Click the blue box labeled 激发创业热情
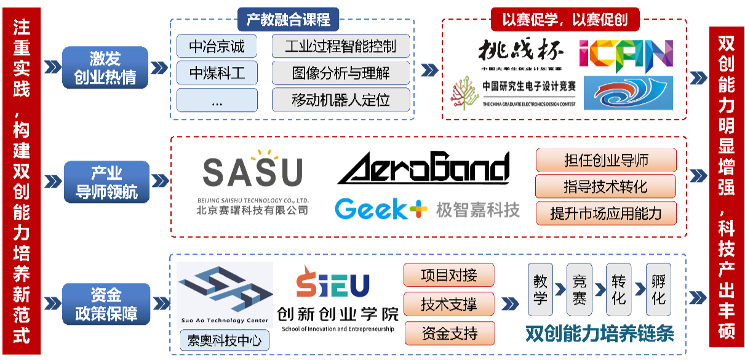click(105, 68)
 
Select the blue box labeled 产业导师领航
click(106, 182)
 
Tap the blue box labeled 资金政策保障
click(106, 303)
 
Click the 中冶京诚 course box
click(216, 47)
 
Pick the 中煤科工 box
click(216, 73)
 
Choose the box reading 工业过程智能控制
click(340, 47)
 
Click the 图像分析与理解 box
click(340, 73)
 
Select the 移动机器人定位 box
click(340, 100)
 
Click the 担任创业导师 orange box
click(606, 160)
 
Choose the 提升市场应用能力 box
click(606, 213)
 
